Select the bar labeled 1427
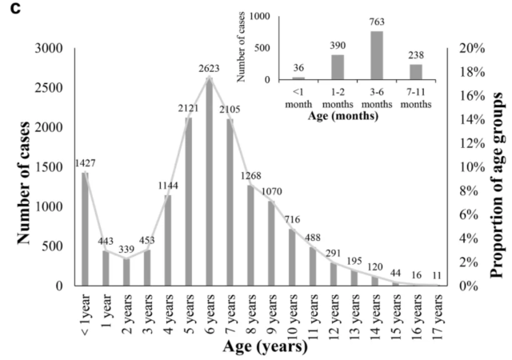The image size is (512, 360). coord(85,229)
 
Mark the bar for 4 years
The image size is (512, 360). coord(168,240)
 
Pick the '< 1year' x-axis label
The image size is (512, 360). coord(86,313)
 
